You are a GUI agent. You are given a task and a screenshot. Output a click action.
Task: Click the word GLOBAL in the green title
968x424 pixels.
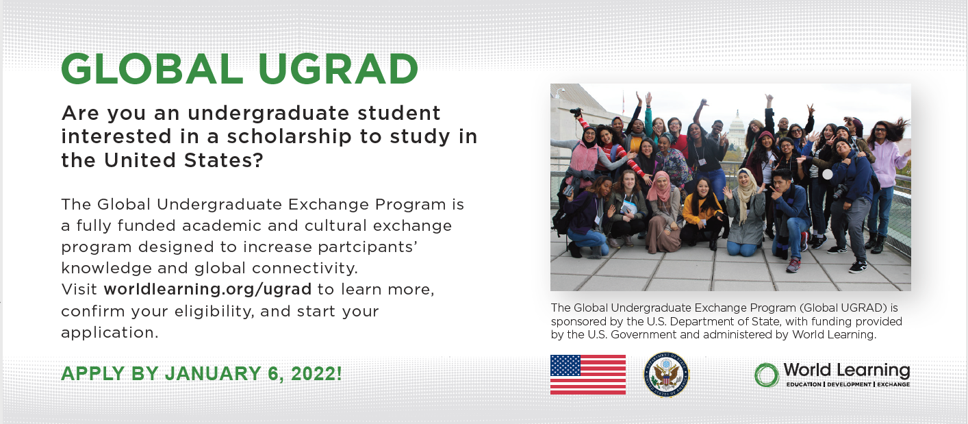(153, 69)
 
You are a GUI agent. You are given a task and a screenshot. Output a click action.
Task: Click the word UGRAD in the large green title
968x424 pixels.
(338, 69)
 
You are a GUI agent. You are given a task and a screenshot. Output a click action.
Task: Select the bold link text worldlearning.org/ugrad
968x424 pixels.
(207, 289)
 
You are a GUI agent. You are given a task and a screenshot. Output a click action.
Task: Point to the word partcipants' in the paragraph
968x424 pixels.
(368, 247)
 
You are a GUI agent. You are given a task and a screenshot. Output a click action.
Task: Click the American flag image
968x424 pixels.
(587, 375)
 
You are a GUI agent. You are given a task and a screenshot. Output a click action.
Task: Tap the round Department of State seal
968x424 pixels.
(666, 375)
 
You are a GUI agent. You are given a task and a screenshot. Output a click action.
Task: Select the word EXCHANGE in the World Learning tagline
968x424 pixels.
(893, 384)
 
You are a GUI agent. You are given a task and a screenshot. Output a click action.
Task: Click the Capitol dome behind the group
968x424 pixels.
(736, 126)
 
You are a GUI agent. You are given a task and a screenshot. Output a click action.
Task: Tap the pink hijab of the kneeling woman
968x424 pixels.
(660, 187)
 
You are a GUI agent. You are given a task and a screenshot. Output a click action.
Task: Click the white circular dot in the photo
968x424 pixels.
(827, 174)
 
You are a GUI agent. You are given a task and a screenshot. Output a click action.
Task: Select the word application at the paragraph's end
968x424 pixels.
(110, 333)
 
